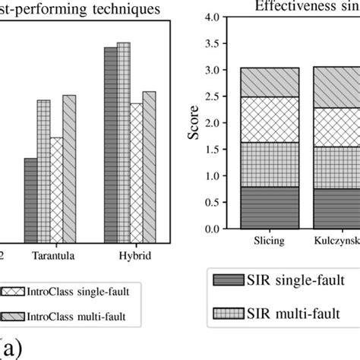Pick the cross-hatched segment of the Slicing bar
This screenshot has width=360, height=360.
click(x=270, y=119)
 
